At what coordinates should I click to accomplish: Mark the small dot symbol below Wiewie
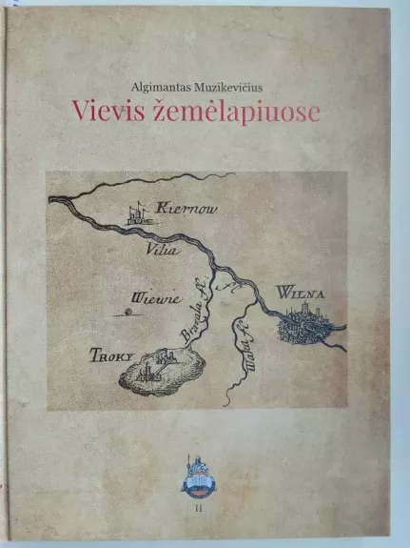pos(127,311)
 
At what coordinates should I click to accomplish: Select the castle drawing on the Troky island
pos(158,364)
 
